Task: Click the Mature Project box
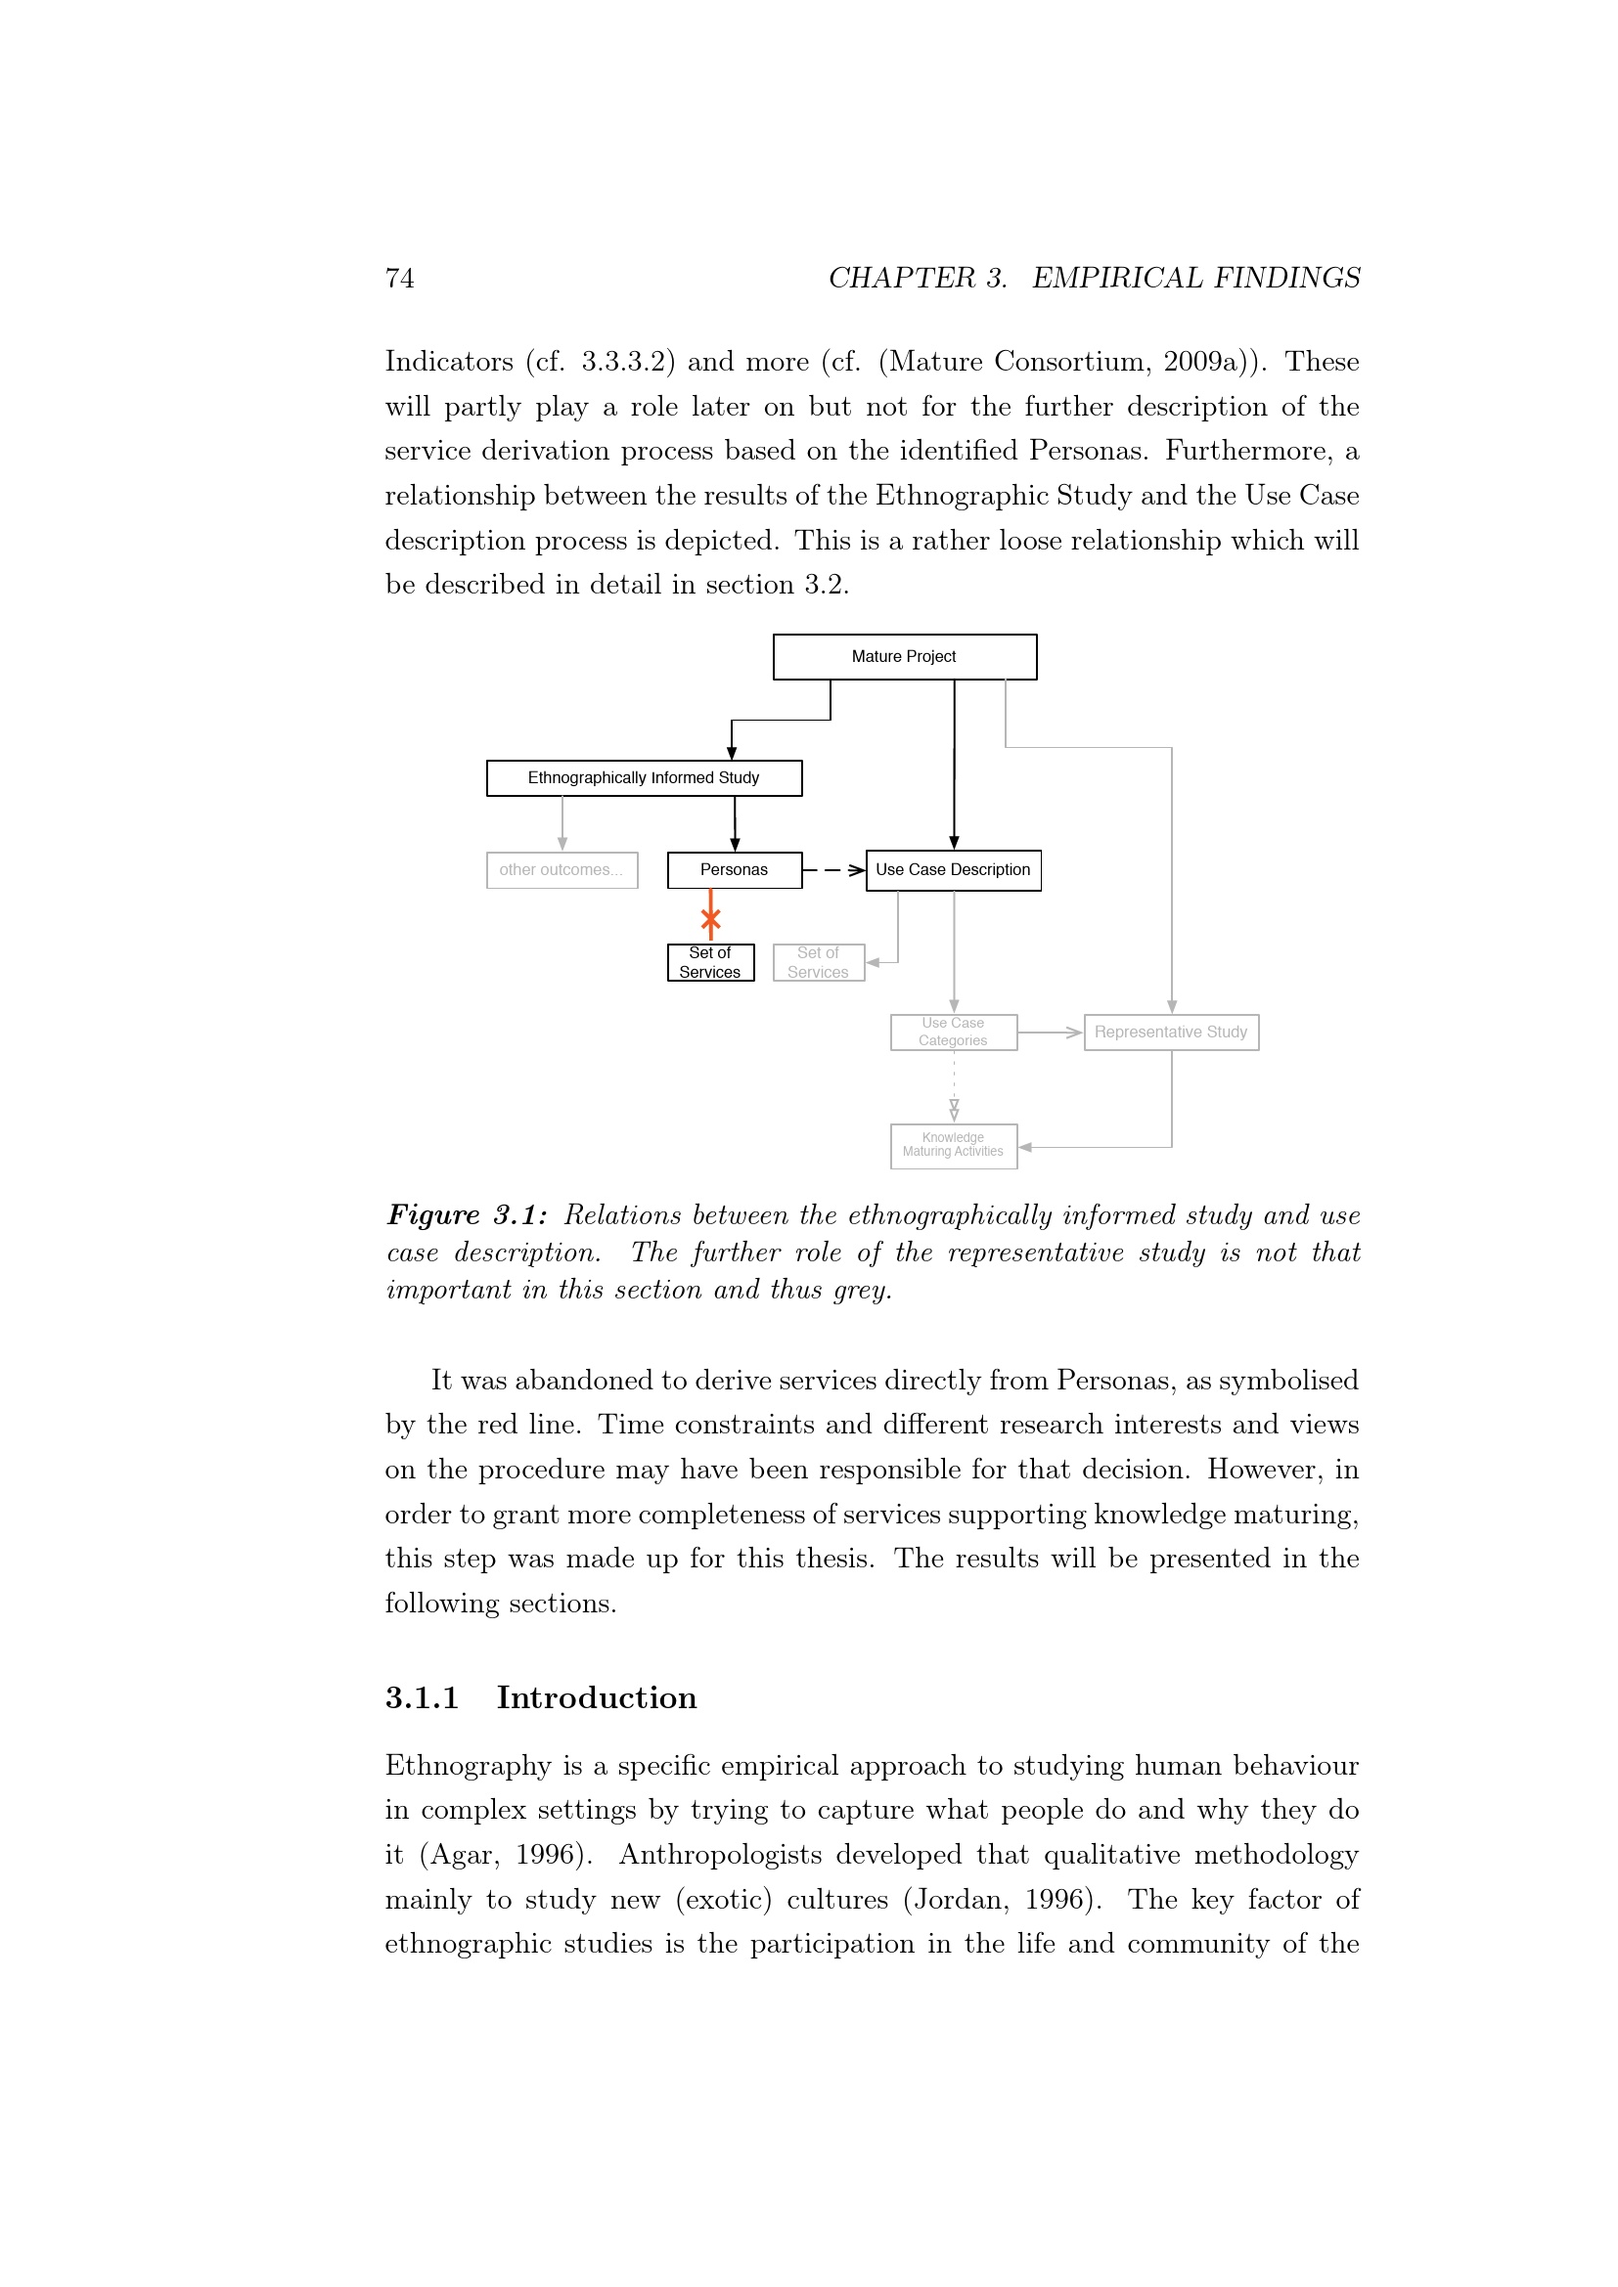(x=904, y=656)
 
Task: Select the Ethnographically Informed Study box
(x=644, y=778)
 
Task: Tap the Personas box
(x=735, y=869)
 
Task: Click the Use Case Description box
(x=953, y=869)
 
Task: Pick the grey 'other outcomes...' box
(x=561, y=869)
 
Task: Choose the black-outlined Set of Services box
(x=710, y=962)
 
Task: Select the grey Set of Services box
(x=818, y=962)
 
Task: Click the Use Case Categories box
(x=953, y=1032)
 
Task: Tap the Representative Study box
(x=1171, y=1032)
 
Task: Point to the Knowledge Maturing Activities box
(x=953, y=1146)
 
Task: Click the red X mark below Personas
(x=710, y=918)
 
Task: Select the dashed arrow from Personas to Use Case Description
(x=833, y=870)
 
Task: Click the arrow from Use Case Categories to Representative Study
(x=1050, y=1033)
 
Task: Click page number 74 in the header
(x=399, y=278)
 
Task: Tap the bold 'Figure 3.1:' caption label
(x=467, y=1215)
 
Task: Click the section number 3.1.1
(x=422, y=1697)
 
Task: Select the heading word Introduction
(x=597, y=1697)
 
